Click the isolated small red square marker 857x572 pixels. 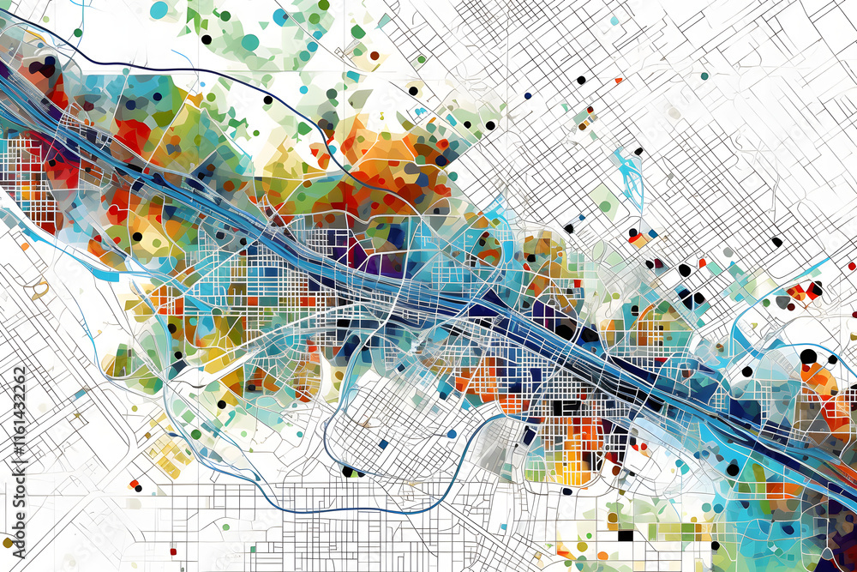[x=172, y=551]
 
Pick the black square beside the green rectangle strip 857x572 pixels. [x=625, y=535]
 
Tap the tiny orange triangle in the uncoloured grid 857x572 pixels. [x=618, y=81]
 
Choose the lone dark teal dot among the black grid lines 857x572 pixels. [x=704, y=75]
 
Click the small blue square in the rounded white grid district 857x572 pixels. [x=379, y=444]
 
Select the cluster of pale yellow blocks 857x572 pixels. [x=167, y=455]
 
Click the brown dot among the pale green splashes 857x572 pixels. [x=375, y=56]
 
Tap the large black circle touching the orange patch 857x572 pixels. [x=808, y=356]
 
